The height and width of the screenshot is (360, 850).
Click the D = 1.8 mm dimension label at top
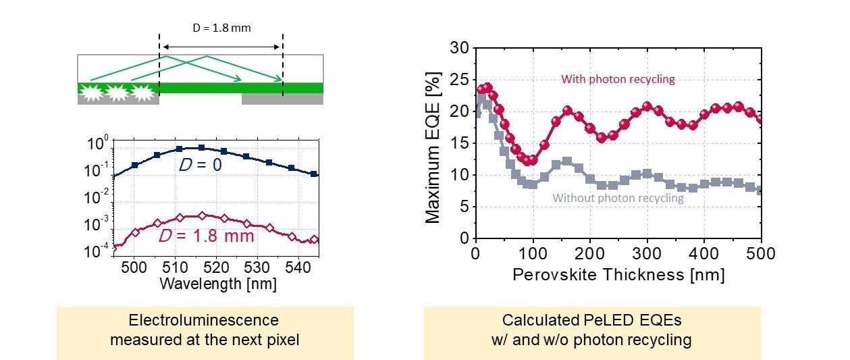[220, 28]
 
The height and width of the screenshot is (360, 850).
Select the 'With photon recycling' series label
[618, 79]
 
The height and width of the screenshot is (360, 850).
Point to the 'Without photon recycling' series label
[618, 198]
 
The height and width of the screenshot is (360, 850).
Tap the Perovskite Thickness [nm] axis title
[618, 275]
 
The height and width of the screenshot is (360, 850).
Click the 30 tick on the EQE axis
[458, 48]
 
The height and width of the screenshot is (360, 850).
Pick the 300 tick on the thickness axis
[647, 253]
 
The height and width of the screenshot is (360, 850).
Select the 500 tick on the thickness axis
[761, 253]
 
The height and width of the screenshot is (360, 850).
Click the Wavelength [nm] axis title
[217, 284]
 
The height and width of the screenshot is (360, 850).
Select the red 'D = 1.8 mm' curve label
[206, 236]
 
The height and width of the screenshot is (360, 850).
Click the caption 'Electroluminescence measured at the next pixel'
[204, 330]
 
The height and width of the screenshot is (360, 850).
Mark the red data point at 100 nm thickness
[533, 160]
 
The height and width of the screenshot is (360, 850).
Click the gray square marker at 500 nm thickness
[761, 190]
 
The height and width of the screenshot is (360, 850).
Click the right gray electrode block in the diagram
[282, 99]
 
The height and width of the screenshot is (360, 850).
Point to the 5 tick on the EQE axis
[462, 207]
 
